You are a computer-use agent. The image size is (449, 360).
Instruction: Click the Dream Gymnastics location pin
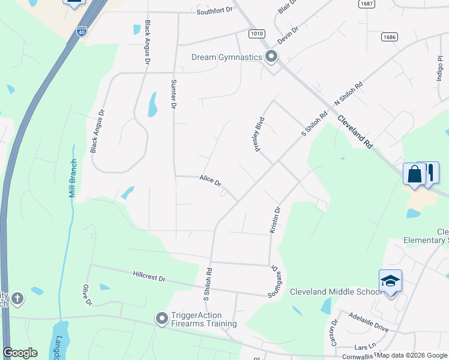(x=271, y=58)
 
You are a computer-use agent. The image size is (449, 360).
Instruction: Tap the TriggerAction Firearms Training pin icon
(x=161, y=319)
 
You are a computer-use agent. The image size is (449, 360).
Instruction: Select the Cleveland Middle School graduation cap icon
(x=390, y=281)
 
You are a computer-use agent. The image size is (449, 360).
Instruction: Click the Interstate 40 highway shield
(x=82, y=31)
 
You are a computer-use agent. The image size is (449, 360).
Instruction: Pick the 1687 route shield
(x=367, y=4)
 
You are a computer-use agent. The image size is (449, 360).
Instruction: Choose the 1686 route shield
(x=389, y=37)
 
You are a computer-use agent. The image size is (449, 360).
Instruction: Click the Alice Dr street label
(x=210, y=180)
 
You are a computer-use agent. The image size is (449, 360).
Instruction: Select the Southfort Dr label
(x=214, y=12)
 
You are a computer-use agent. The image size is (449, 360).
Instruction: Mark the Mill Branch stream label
(x=73, y=178)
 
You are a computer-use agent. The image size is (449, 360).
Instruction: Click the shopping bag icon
(x=414, y=175)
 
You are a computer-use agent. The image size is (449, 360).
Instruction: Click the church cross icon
(x=18, y=298)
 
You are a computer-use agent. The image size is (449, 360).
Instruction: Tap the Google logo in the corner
(x=20, y=353)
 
